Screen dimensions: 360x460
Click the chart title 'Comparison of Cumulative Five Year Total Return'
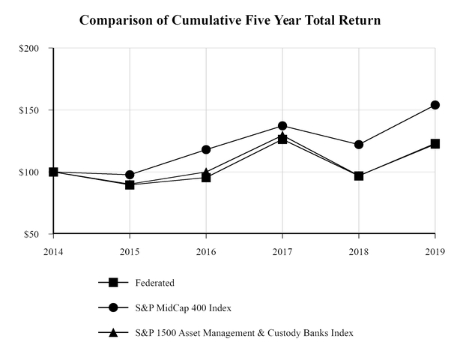coord(230,20)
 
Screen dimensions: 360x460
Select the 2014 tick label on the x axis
coord(53,252)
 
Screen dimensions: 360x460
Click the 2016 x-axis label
coord(206,252)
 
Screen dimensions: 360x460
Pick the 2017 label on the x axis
coord(282,252)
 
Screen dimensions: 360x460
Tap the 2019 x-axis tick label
coord(435,252)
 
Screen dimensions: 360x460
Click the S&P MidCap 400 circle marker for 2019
coord(435,105)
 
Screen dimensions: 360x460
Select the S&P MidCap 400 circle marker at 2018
coord(359,144)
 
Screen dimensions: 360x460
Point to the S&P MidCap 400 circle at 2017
coord(282,125)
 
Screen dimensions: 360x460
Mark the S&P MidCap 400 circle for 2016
coord(206,149)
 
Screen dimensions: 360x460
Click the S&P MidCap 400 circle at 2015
coord(130,175)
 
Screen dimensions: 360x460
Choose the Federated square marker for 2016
coord(206,178)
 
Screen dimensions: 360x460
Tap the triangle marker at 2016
coord(206,171)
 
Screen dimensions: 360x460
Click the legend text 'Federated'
coord(155,283)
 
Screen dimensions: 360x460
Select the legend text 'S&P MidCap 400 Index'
coord(180,307)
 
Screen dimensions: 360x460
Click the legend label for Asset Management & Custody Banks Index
coord(243,332)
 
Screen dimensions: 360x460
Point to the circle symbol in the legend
coord(113,307)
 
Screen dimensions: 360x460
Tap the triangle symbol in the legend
coord(113,332)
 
